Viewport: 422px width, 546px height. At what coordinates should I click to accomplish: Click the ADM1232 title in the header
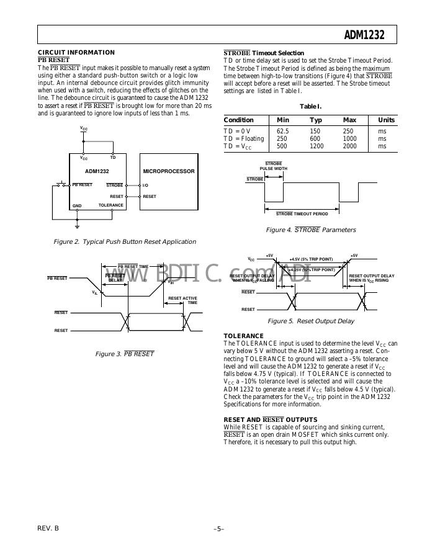[364, 35]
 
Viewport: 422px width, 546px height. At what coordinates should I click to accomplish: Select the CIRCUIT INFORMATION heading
[76, 52]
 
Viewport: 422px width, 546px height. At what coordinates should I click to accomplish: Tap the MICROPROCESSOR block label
[169, 171]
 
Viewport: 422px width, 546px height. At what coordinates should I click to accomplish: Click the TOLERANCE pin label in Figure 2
[111, 205]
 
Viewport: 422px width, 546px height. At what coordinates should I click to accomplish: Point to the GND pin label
[77, 205]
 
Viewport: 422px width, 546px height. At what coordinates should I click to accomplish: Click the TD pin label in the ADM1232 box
[113, 158]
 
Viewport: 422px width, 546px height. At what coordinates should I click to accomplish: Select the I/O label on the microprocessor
[145, 185]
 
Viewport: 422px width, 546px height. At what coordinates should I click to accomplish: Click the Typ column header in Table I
[316, 120]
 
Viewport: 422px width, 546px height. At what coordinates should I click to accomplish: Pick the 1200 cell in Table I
[316, 146]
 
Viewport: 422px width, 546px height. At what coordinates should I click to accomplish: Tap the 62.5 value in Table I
[283, 131]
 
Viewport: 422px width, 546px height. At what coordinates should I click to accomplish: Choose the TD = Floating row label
[244, 139]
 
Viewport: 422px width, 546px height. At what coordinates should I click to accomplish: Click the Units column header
[386, 120]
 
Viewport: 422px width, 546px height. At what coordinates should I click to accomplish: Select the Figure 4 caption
[311, 230]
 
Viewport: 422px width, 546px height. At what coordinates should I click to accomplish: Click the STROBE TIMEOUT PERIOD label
[302, 213]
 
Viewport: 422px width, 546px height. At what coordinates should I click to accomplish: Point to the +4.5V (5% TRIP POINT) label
[311, 259]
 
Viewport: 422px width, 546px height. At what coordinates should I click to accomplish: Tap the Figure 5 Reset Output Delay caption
[311, 321]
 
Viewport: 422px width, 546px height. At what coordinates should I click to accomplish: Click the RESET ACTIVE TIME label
[183, 300]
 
